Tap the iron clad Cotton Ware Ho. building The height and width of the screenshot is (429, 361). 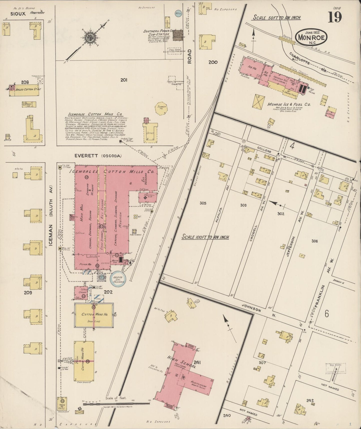[x=94, y=315]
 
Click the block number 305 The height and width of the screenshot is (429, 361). [x=203, y=203]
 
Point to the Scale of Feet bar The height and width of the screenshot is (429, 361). [x=116, y=403]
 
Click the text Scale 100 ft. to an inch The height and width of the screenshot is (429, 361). [x=205, y=237]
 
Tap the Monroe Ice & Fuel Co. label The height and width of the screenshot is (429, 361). [x=289, y=104]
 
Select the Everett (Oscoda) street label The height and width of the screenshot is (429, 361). [x=98, y=156]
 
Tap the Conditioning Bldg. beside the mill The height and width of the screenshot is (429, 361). [x=148, y=197]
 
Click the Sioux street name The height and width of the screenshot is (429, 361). [x=18, y=14]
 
